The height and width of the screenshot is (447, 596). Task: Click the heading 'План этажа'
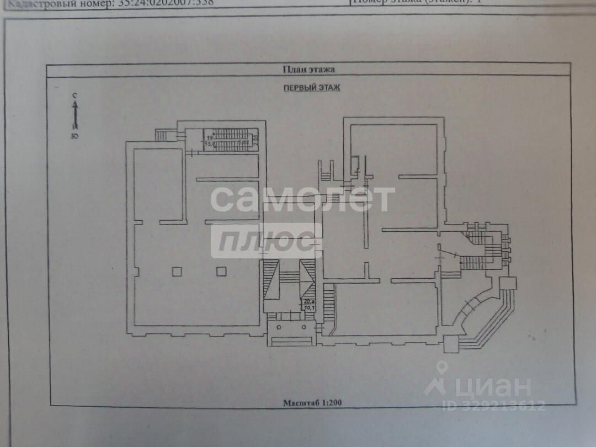click(308, 70)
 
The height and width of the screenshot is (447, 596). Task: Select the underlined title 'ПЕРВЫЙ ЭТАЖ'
click(312, 87)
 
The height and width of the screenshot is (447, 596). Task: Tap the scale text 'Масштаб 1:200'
click(312, 402)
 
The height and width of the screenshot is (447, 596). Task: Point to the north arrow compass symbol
click(75, 113)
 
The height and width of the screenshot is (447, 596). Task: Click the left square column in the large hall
click(177, 271)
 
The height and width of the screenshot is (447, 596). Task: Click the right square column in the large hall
click(221, 271)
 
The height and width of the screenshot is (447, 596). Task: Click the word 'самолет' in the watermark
click(302, 199)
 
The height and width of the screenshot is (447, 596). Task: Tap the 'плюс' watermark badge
click(266, 241)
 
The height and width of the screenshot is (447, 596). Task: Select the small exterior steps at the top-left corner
click(161, 135)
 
